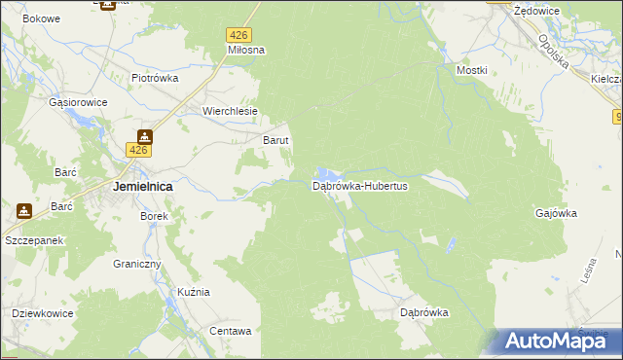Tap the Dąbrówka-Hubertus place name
coord(359,186)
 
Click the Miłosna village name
coord(246,50)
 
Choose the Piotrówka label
coord(155,78)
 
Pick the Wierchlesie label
coord(230,111)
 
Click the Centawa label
coord(231,331)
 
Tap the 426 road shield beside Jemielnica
coord(138,150)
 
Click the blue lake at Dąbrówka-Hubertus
coord(327,176)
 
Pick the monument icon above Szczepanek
coord(23,208)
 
